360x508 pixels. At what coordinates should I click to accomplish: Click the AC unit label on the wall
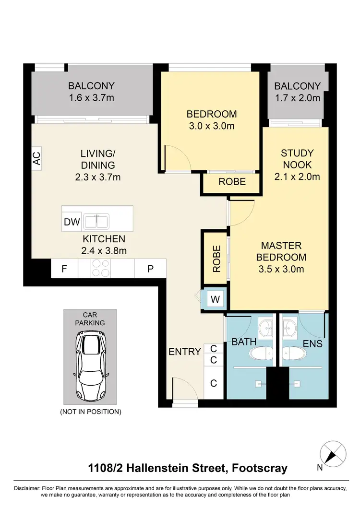(x=36, y=158)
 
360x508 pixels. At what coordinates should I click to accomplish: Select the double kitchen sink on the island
(x=96, y=222)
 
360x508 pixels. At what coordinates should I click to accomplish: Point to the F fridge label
(x=64, y=269)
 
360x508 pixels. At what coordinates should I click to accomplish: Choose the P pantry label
(x=150, y=269)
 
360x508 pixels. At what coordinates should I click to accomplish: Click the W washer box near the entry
(x=216, y=300)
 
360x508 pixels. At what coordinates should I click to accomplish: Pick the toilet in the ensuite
(x=292, y=354)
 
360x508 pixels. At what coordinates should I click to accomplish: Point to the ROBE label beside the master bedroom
(x=216, y=259)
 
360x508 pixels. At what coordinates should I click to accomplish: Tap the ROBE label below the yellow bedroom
(x=232, y=182)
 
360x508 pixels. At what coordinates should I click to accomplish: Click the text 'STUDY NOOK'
(x=297, y=159)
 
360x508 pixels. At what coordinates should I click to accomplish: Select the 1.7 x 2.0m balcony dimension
(x=297, y=98)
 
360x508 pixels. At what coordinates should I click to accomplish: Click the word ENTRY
(x=184, y=352)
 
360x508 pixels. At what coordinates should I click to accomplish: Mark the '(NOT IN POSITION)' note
(x=90, y=412)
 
